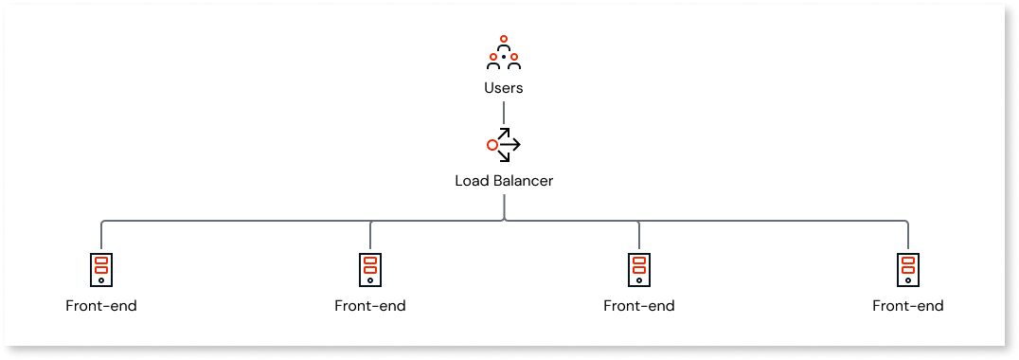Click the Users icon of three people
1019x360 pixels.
pyautogui.click(x=503, y=55)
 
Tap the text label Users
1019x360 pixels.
pyautogui.click(x=503, y=88)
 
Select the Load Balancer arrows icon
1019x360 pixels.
pyautogui.click(x=503, y=145)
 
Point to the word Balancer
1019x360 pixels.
pyautogui.click(x=523, y=180)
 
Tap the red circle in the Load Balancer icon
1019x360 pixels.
pyautogui.click(x=492, y=146)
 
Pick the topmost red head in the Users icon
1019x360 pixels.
pyautogui.click(x=503, y=39)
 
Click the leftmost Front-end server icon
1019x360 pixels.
pyautogui.click(x=101, y=269)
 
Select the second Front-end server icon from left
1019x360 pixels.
pyautogui.click(x=370, y=269)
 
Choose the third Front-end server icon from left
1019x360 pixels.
pyautogui.click(x=639, y=269)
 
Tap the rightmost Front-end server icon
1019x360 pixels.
pyautogui.click(x=908, y=269)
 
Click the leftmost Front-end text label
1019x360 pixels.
pyautogui.click(x=101, y=306)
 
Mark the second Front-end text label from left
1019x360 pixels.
pyautogui.click(x=370, y=306)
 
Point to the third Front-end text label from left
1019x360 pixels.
pyautogui.click(x=639, y=306)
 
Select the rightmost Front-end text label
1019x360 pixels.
pyautogui.click(x=908, y=306)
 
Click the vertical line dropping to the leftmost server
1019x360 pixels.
pyautogui.click(x=101, y=237)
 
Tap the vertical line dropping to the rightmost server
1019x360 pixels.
pyautogui.click(x=908, y=237)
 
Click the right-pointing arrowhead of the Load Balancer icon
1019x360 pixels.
pyautogui.click(x=517, y=146)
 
